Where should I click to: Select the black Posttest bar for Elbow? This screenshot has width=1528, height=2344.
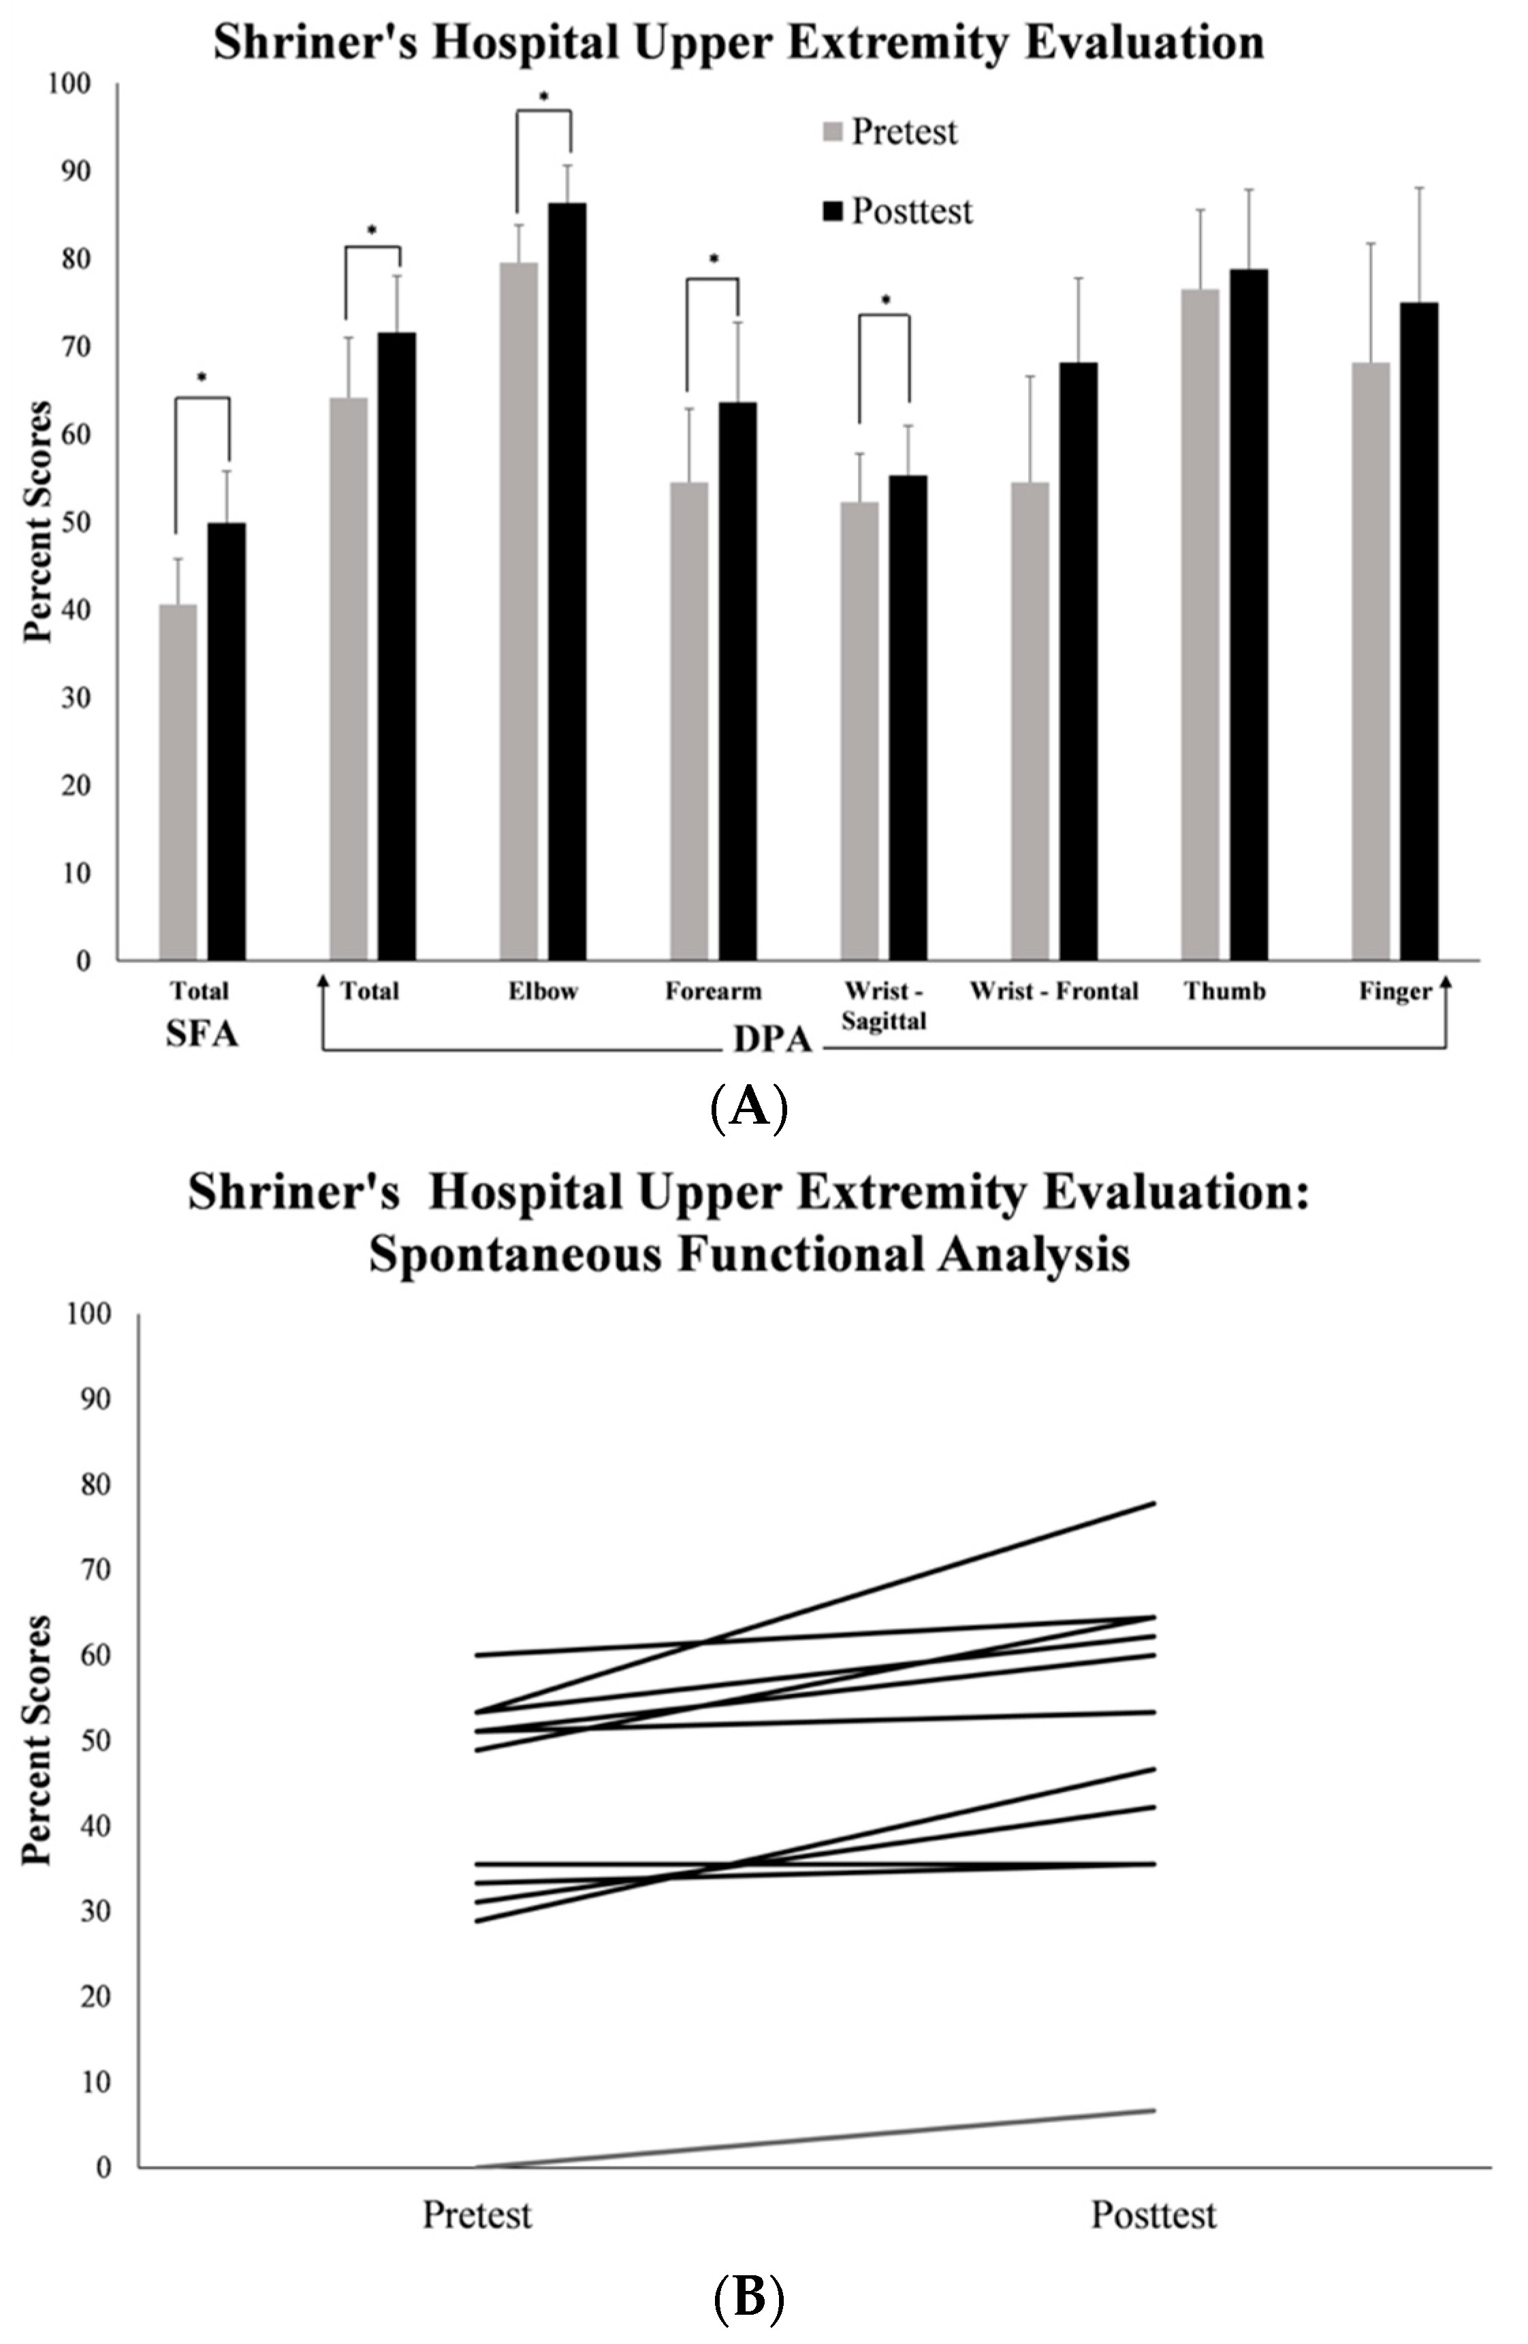[x=567, y=581]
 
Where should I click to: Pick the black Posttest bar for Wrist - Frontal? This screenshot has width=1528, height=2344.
[x=1078, y=661]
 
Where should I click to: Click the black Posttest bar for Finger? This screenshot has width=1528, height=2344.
[x=1418, y=630]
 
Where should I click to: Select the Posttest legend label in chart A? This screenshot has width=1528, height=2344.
[x=911, y=211]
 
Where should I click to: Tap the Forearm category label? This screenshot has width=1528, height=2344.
[x=712, y=991]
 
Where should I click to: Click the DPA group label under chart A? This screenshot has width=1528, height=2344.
[x=771, y=1040]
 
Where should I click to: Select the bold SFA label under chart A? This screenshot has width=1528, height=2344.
[x=202, y=1035]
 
